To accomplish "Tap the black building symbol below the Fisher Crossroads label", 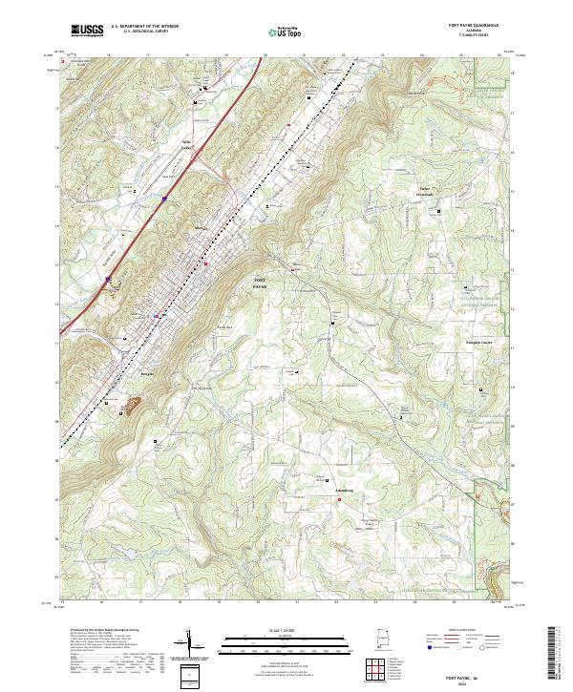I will pos(439,210).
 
